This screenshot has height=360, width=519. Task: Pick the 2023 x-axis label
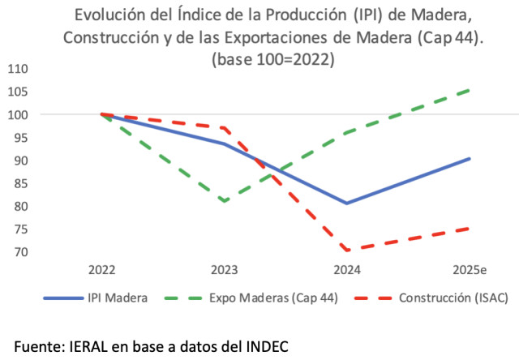(x=225, y=268)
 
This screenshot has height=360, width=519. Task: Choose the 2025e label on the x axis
(x=470, y=268)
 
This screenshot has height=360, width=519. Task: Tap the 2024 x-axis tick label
(x=347, y=268)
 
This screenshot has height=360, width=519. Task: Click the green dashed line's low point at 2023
(x=225, y=201)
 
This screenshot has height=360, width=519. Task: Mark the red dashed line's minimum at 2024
(x=347, y=251)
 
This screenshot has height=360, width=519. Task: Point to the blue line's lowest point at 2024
(x=347, y=203)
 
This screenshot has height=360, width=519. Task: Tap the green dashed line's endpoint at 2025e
(x=470, y=90)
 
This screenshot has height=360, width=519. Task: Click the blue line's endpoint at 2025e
(x=470, y=158)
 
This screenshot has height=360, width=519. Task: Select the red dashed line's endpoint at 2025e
(x=470, y=229)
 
